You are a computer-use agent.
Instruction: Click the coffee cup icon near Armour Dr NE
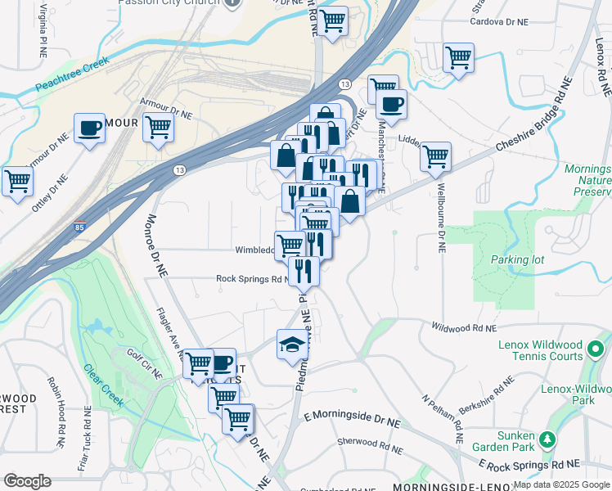coord(89,128)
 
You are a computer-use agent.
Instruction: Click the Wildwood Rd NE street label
coord(463,327)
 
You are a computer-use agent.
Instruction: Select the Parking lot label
coord(517,260)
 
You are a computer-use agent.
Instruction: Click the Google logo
coord(27,481)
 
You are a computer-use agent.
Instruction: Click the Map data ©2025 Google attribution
coord(561,484)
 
